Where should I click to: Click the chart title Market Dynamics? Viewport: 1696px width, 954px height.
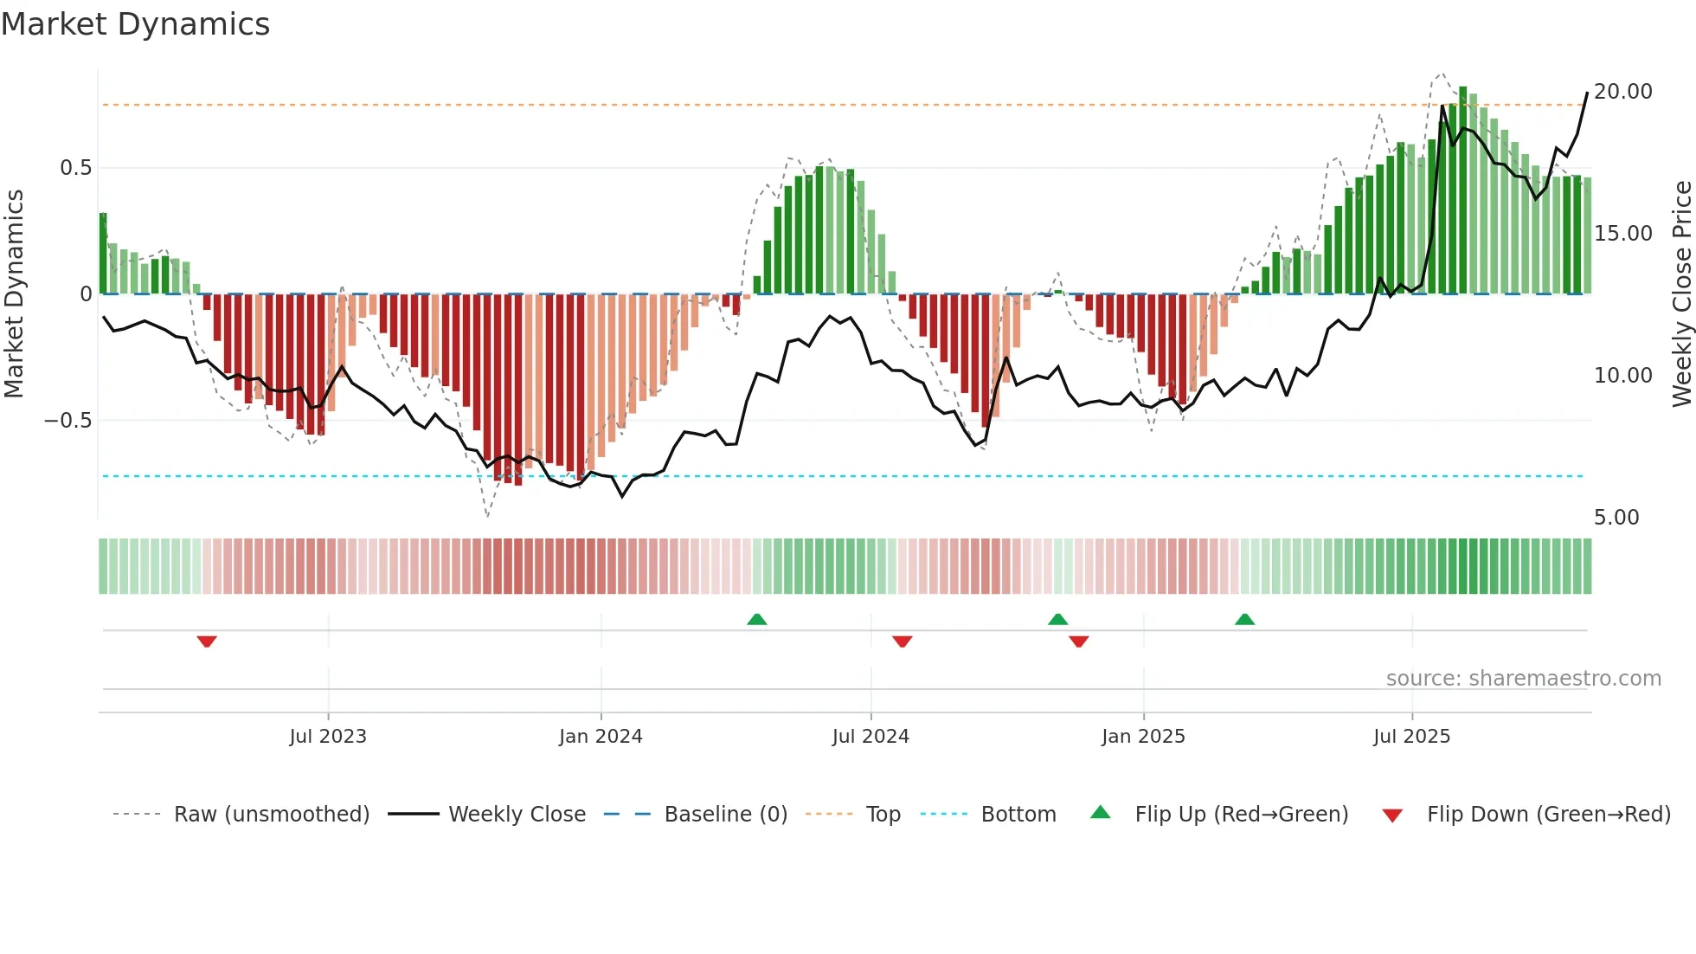pyautogui.click(x=135, y=24)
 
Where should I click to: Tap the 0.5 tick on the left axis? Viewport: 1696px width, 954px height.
pyautogui.click(x=75, y=168)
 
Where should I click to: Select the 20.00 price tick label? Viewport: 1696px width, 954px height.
pyautogui.click(x=1622, y=92)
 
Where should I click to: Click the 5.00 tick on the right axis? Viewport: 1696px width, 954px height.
pyautogui.click(x=1616, y=518)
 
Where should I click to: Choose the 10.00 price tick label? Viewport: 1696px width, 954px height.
pyautogui.click(x=1622, y=376)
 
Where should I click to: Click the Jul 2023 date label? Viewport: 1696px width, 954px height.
pyautogui.click(x=328, y=737)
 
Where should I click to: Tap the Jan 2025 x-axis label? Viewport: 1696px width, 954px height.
pyautogui.click(x=1143, y=737)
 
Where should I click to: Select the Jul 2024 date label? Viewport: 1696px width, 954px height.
pyautogui.click(x=870, y=737)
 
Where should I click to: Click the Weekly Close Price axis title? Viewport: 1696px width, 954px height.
pyautogui.click(x=1680, y=294)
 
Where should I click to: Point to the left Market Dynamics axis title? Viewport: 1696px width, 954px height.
pyautogui.click(x=15, y=294)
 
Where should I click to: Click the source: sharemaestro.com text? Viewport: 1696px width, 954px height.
pyautogui.click(x=1523, y=679)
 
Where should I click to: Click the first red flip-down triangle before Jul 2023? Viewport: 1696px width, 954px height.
pyautogui.click(x=207, y=641)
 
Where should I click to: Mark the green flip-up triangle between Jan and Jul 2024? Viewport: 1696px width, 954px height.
pyautogui.click(x=757, y=619)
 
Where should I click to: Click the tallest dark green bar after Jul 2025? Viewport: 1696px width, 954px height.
pyautogui.click(x=1462, y=190)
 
